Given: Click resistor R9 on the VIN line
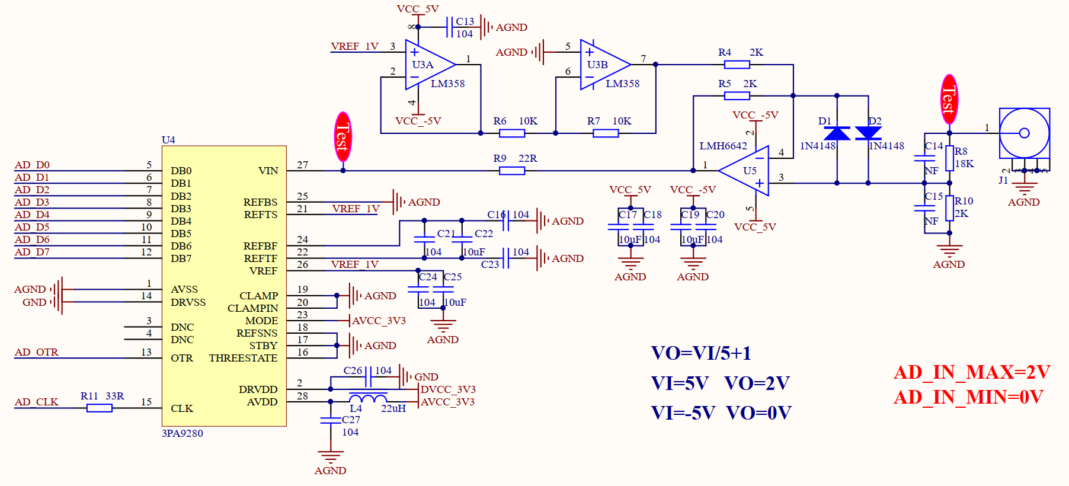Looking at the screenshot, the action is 512,171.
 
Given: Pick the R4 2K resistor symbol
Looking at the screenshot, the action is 737,65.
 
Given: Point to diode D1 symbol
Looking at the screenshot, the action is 837,133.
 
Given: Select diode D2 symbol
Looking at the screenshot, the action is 868,133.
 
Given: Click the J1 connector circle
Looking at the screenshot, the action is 1025,133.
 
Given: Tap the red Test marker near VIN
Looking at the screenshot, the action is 343,137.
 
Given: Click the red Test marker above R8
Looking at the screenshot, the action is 949,99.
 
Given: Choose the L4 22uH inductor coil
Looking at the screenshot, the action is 368,398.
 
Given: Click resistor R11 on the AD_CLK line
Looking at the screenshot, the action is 100,408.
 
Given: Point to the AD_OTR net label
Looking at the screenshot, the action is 37,352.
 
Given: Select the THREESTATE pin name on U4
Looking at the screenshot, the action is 243,358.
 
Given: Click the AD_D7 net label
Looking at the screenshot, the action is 32,252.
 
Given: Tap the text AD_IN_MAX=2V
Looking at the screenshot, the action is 972,372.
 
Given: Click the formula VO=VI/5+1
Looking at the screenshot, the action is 701,353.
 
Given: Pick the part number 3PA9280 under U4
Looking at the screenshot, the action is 183,433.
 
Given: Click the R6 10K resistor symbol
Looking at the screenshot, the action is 512,133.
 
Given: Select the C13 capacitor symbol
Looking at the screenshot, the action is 450,27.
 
